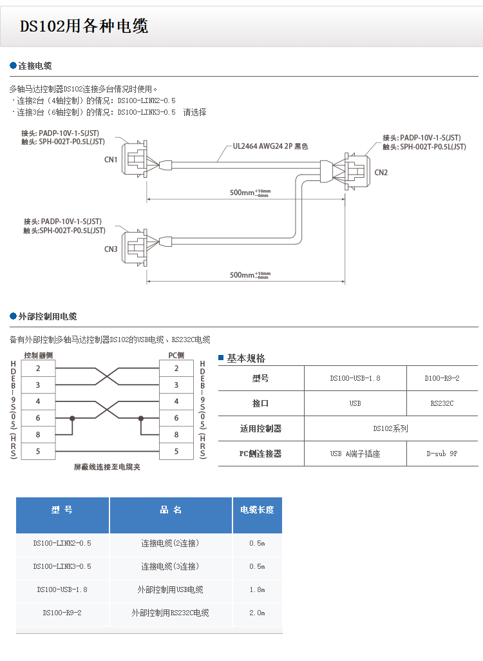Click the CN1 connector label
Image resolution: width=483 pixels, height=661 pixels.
point(111,159)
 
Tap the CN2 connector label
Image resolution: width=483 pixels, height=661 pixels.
point(381,172)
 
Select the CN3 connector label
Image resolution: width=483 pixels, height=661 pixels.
point(111,249)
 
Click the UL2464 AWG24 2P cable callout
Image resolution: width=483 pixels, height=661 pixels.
point(270,146)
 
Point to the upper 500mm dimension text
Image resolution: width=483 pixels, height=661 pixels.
point(250,193)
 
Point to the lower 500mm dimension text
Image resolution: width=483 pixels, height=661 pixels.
point(250,275)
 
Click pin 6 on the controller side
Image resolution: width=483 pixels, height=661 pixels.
point(38,417)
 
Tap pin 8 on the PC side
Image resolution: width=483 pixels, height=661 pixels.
point(176,435)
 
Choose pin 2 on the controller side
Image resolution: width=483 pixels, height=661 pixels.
point(38,368)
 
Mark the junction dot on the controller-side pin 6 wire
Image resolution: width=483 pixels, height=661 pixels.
point(73,418)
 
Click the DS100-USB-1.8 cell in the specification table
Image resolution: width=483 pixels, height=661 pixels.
point(355,378)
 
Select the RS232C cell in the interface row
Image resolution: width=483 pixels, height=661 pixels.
point(442,403)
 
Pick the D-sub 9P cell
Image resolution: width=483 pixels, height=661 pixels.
point(442,454)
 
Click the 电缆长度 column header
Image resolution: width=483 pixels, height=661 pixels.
point(257,510)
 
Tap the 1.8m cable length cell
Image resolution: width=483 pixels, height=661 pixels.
point(257,589)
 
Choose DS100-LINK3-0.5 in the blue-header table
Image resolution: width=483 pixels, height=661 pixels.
point(62,566)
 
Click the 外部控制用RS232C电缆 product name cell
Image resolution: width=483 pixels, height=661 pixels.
point(170,613)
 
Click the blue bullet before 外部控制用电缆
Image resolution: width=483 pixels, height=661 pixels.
point(13,316)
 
